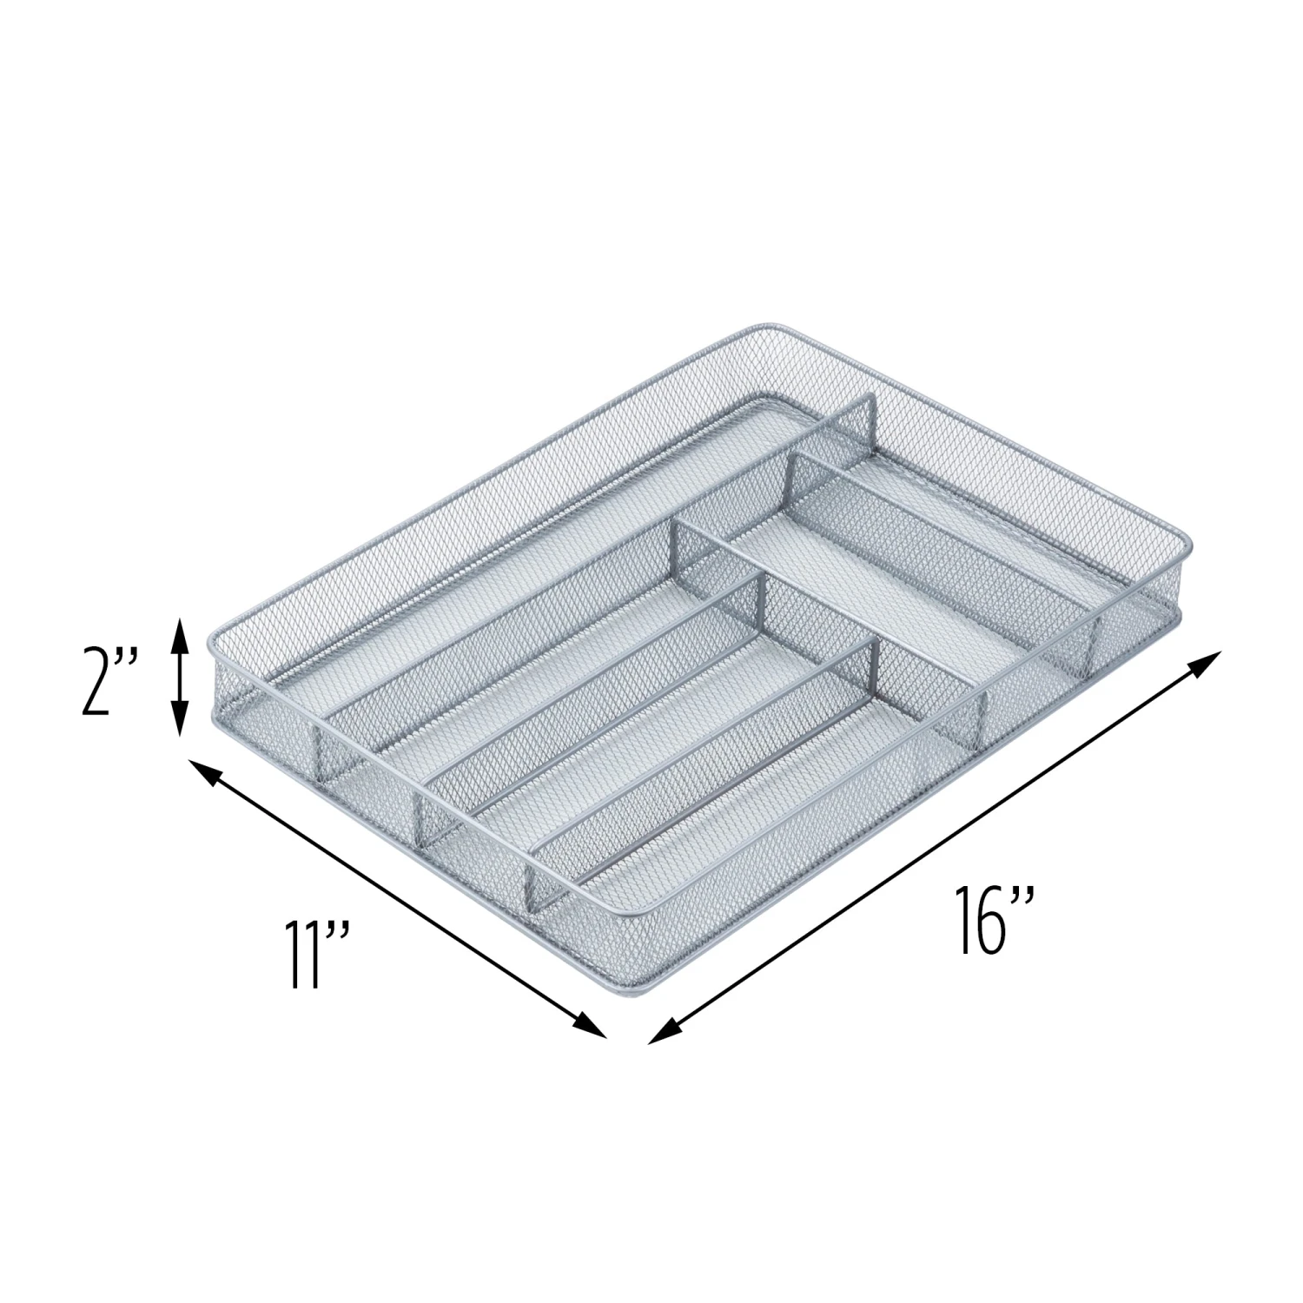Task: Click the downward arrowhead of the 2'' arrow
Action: tap(178, 728)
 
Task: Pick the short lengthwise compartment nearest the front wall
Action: tap(721, 782)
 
